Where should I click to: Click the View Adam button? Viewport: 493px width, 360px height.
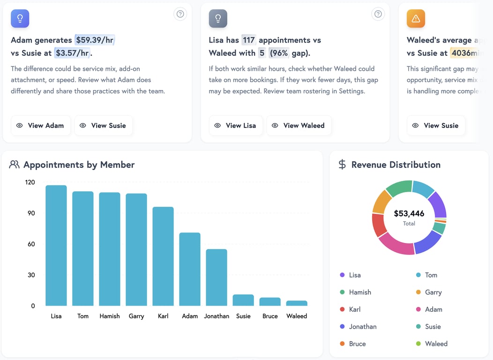[41, 126]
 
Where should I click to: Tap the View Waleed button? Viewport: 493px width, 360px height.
[299, 126]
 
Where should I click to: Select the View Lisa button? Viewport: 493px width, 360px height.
[236, 126]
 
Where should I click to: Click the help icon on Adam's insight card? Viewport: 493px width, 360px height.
[180, 14]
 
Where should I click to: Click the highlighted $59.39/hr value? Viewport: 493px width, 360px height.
[94, 40]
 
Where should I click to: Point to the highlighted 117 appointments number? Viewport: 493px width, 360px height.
[248, 40]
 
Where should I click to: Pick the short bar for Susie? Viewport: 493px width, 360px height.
[243, 300]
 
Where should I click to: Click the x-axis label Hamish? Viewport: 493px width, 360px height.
[110, 316]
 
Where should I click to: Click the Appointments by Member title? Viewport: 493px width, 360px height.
[79, 165]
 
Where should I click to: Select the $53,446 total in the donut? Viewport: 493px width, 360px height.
[409, 214]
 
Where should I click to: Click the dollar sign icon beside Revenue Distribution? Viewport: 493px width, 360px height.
[343, 165]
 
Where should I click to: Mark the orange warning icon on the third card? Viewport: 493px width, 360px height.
[416, 19]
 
